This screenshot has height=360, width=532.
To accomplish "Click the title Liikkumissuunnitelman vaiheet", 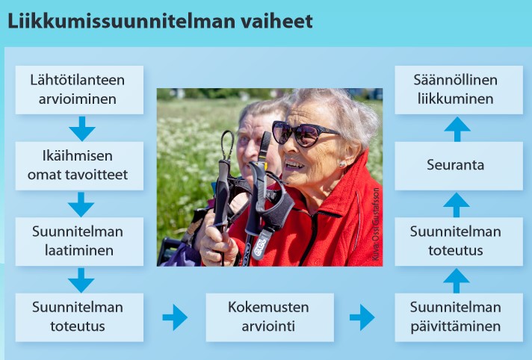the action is (160, 22).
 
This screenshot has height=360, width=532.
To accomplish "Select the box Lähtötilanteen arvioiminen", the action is (79, 90).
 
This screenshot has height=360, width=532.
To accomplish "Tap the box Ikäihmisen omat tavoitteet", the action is (79, 166).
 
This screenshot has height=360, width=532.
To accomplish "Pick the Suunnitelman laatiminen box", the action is (79, 241).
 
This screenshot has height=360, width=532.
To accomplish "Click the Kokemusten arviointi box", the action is (270, 317).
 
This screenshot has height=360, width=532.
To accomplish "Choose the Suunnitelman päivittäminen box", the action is (459, 317).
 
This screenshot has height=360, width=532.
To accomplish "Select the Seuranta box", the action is (459, 166).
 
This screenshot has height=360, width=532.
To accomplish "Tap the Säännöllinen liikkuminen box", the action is (459, 90).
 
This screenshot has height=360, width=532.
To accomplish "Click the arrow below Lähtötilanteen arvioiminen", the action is (81, 128).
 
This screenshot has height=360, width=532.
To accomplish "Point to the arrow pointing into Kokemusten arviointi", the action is (175, 317).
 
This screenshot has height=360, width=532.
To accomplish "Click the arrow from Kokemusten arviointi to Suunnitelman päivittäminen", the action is (362, 317).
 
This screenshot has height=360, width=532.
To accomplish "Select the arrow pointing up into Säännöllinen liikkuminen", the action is (457, 129).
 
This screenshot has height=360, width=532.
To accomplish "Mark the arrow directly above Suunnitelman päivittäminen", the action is (457, 281).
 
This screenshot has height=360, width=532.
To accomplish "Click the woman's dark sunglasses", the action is (303, 133).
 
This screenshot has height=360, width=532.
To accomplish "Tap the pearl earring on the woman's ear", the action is (342, 164).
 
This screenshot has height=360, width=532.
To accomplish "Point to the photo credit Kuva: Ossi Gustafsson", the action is (375, 224).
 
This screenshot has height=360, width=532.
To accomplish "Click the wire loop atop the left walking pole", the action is (227, 145).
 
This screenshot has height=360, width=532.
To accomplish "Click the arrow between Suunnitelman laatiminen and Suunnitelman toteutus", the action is (81, 280).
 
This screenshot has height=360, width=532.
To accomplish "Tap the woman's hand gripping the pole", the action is (219, 246).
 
